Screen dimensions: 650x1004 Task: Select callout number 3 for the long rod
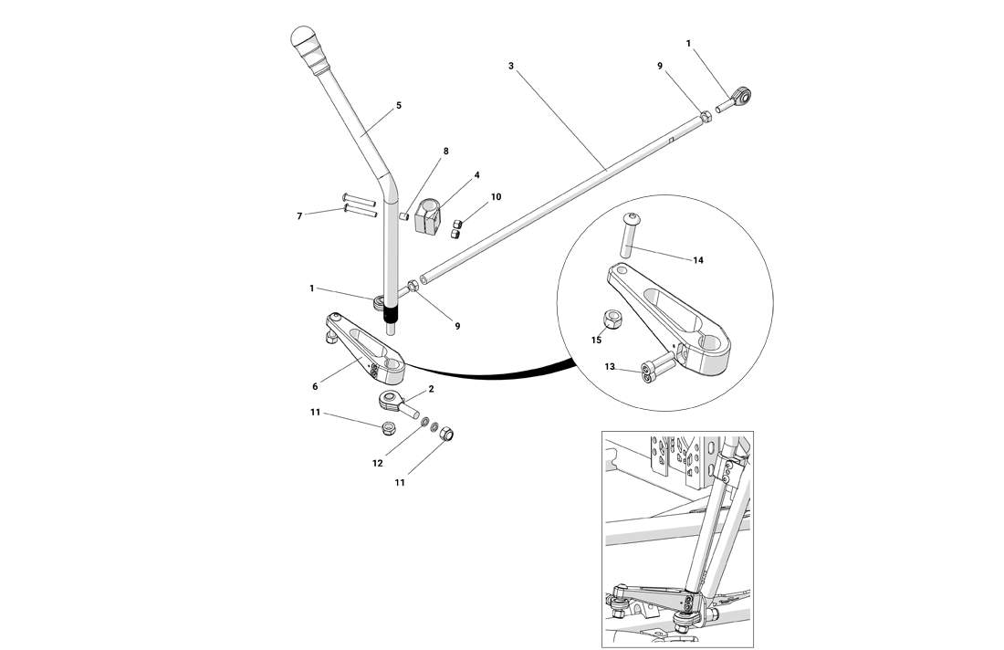(511, 66)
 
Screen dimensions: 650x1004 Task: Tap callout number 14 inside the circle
(698, 260)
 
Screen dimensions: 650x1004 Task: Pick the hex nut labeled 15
(614, 320)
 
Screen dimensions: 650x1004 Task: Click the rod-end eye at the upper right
(743, 94)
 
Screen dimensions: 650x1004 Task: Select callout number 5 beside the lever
(399, 106)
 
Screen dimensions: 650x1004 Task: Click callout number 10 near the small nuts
(496, 196)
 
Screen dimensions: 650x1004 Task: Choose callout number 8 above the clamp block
(446, 151)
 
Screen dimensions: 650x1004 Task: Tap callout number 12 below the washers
(377, 463)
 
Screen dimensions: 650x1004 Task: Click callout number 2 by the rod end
(431, 389)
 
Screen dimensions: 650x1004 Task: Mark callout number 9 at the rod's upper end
(685, 66)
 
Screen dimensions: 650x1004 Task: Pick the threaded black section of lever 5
(392, 318)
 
